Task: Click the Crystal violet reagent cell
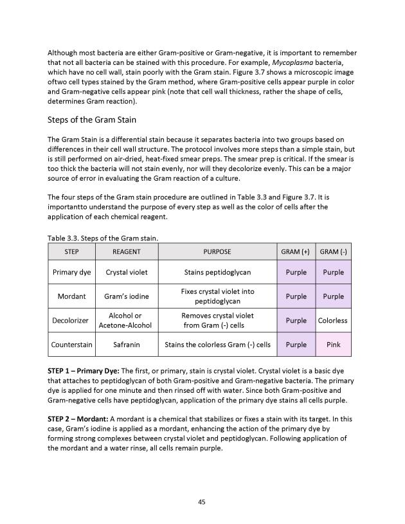[x=126, y=272]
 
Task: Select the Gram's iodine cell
[x=126, y=296]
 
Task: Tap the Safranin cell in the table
[x=126, y=344]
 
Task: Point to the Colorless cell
[x=333, y=320]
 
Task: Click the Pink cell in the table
[x=333, y=344]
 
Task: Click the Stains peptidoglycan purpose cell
[x=217, y=272]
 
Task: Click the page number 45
[x=202, y=502]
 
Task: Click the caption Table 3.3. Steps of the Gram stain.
[x=103, y=238]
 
